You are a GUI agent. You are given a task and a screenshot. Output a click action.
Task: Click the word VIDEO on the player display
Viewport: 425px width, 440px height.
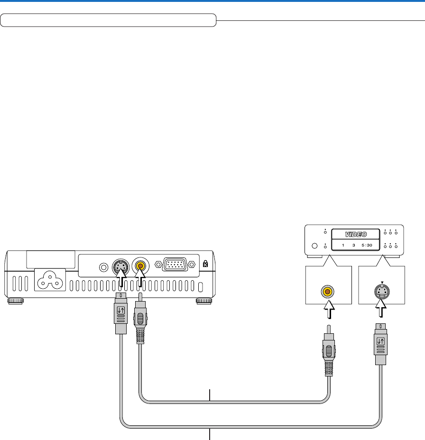click(x=355, y=234)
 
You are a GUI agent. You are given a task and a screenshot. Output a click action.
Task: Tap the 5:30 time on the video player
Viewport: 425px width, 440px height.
click(x=367, y=246)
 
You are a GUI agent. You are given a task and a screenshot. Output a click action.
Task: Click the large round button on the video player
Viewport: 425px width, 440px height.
click(x=314, y=246)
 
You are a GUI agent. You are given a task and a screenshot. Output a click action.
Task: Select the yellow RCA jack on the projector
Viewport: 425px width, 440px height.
click(x=140, y=266)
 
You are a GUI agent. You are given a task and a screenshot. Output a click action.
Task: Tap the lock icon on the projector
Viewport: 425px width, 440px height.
click(x=205, y=264)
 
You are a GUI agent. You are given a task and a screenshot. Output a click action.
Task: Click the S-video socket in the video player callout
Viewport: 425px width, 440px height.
click(x=382, y=290)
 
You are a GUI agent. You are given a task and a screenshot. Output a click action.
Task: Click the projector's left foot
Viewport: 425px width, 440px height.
click(x=15, y=301)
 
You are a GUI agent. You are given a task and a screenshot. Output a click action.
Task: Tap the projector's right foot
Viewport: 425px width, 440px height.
click(x=204, y=301)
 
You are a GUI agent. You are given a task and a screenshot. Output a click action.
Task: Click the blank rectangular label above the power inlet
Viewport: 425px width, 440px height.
click(x=50, y=258)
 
